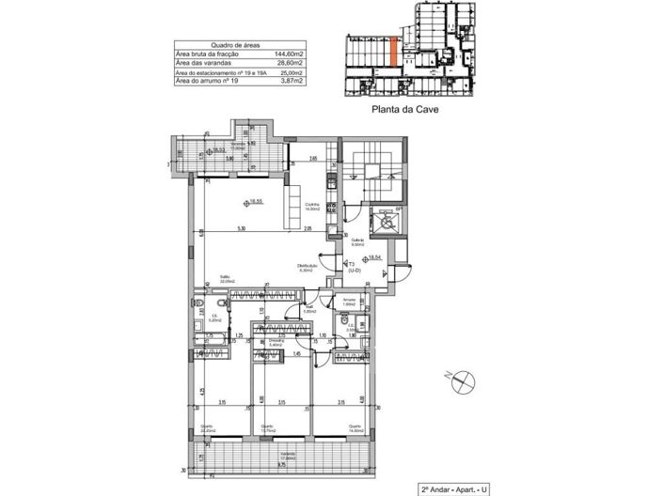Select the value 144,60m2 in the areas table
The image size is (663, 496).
coord(295,54)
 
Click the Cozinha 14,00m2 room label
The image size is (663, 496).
coord(311,207)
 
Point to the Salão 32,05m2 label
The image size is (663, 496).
coord(227,278)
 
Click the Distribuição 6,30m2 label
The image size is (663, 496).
coord(309,268)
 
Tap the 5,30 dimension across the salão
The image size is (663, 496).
coord(242,230)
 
